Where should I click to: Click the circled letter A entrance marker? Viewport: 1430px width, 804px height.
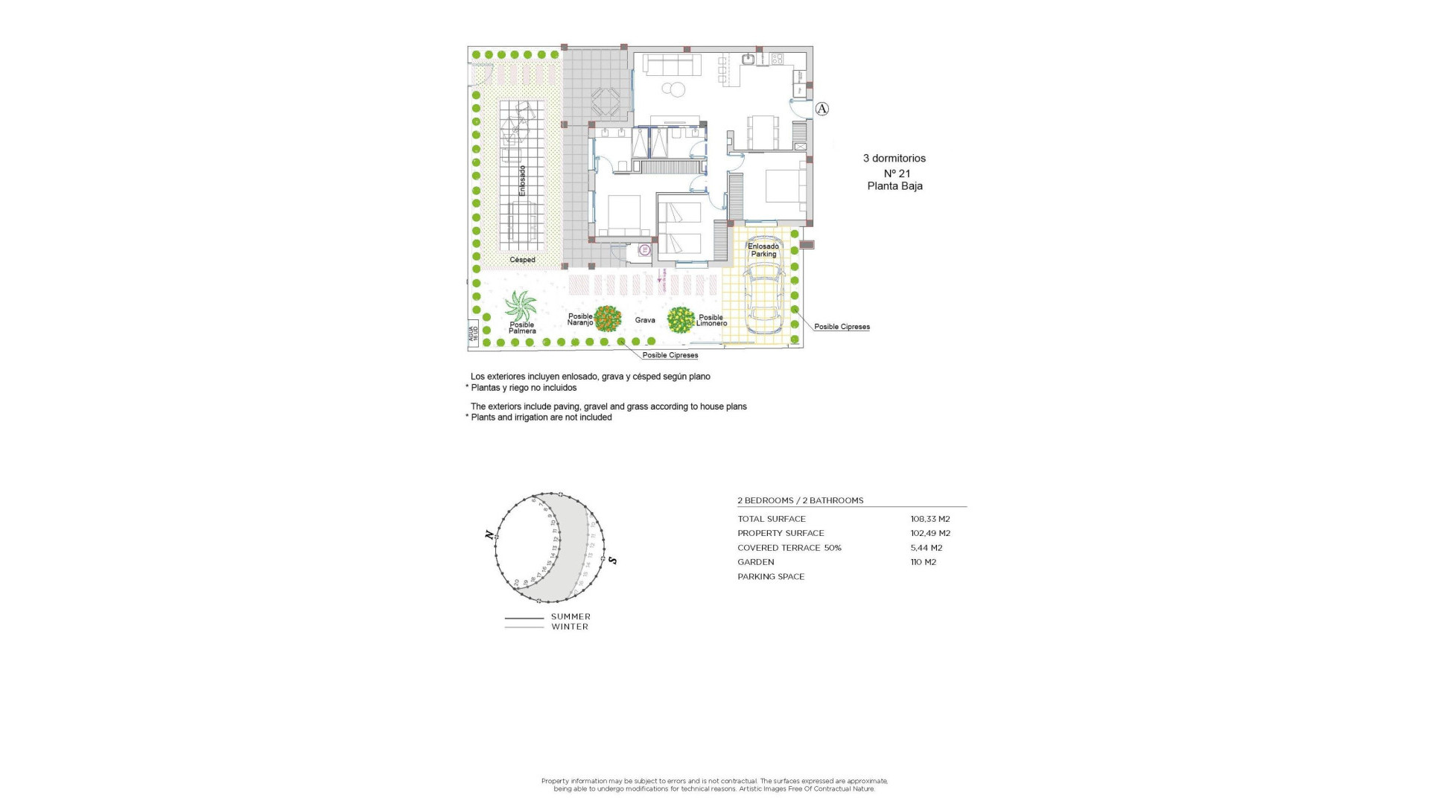pos(822,109)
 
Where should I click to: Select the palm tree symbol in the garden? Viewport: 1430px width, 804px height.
pos(520,306)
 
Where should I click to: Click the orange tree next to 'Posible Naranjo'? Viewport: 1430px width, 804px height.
pos(608,319)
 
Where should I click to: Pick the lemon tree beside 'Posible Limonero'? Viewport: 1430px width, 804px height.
pos(680,320)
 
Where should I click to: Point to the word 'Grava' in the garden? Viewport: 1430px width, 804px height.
pos(645,320)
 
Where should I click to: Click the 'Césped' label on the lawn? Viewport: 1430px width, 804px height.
pos(522,260)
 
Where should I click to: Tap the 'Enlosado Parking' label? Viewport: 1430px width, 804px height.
pos(763,250)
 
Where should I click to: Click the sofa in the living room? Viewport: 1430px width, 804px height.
pos(672,65)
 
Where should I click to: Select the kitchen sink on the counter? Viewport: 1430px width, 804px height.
pos(749,59)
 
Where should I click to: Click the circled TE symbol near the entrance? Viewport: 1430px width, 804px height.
pos(645,251)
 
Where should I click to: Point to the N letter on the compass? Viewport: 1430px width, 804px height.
pos(489,535)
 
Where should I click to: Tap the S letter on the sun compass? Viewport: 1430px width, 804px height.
pos(613,560)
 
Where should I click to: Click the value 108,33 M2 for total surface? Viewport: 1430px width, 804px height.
pos(930,519)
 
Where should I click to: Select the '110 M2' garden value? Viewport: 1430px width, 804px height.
pos(923,562)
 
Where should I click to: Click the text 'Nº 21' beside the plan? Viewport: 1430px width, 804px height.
pos(897,173)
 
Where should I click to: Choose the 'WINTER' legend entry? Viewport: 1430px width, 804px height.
pos(570,627)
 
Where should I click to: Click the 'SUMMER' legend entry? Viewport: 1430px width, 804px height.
pos(571,616)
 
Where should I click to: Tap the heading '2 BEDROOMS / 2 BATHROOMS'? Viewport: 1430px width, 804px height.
pos(801,500)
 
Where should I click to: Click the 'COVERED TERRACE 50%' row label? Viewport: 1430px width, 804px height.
pos(789,548)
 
